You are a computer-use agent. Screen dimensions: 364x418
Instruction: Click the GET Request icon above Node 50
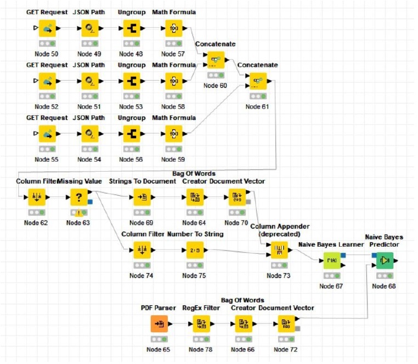click(47, 29)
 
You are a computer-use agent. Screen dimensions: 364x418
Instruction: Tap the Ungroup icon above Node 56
click(131, 134)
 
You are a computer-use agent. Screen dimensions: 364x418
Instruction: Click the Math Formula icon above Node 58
click(173, 81)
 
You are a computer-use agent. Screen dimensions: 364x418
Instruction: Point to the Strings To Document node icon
click(143, 197)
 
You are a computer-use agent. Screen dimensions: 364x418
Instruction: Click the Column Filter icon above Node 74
click(143, 251)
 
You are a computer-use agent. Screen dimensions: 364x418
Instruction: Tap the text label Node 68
click(383, 286)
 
